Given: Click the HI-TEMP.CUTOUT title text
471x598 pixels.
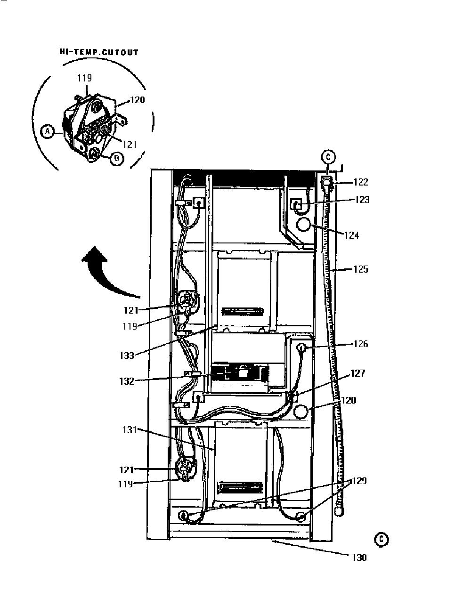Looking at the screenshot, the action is pos(99,52).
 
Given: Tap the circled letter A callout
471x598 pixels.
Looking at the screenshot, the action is pos(48,131).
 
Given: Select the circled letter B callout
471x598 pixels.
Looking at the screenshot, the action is pos(117,158).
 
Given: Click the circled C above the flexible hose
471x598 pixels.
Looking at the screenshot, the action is pos(328,157).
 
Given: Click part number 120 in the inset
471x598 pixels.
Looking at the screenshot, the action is pos(138,100).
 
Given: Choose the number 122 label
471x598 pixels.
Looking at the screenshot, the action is pos(361,182).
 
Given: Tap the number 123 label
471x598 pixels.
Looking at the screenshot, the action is pos(362,200).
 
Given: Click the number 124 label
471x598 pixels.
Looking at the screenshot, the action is pos(352,235).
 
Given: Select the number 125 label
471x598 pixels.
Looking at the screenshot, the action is pos(361,269).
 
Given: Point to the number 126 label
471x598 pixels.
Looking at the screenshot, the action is pos(361,344).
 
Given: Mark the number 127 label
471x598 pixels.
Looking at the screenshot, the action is pos(357,373).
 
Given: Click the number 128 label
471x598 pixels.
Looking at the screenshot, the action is pos(349,400).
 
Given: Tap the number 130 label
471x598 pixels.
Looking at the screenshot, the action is pos(359,558).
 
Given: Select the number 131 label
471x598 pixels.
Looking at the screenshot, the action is pos(130,430).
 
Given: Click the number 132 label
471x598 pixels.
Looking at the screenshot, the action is pos(127,381).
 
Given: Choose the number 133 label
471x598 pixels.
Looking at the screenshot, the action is pos(127,356).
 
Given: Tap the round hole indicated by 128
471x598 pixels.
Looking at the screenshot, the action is pos(300,411).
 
